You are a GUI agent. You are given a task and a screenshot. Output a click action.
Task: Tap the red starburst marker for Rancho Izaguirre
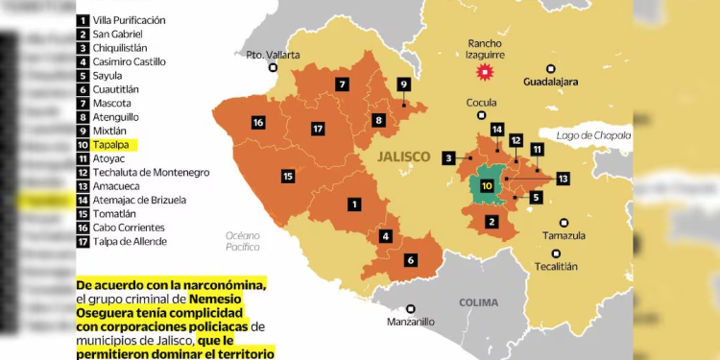point(486,71)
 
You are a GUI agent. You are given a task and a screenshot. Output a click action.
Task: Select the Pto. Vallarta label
point(273,54)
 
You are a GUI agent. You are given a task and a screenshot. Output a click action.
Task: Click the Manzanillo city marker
point(410,309)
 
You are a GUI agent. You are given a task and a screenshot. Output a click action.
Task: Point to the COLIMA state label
point(478,301)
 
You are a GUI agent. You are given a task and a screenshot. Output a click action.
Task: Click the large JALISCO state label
point(404,155)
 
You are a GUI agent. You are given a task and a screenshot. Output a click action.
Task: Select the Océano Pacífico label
point(244,241)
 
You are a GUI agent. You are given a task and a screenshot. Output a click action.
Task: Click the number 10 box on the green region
point(487,185)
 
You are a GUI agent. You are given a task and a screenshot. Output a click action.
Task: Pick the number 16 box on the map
point(258,122)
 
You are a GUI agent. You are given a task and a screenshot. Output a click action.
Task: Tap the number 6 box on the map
point(410,260)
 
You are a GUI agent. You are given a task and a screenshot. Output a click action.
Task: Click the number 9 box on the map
point(404,84)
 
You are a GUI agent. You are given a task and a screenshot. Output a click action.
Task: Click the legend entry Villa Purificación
point(129,20)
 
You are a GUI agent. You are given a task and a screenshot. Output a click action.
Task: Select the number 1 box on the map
point(354,204)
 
